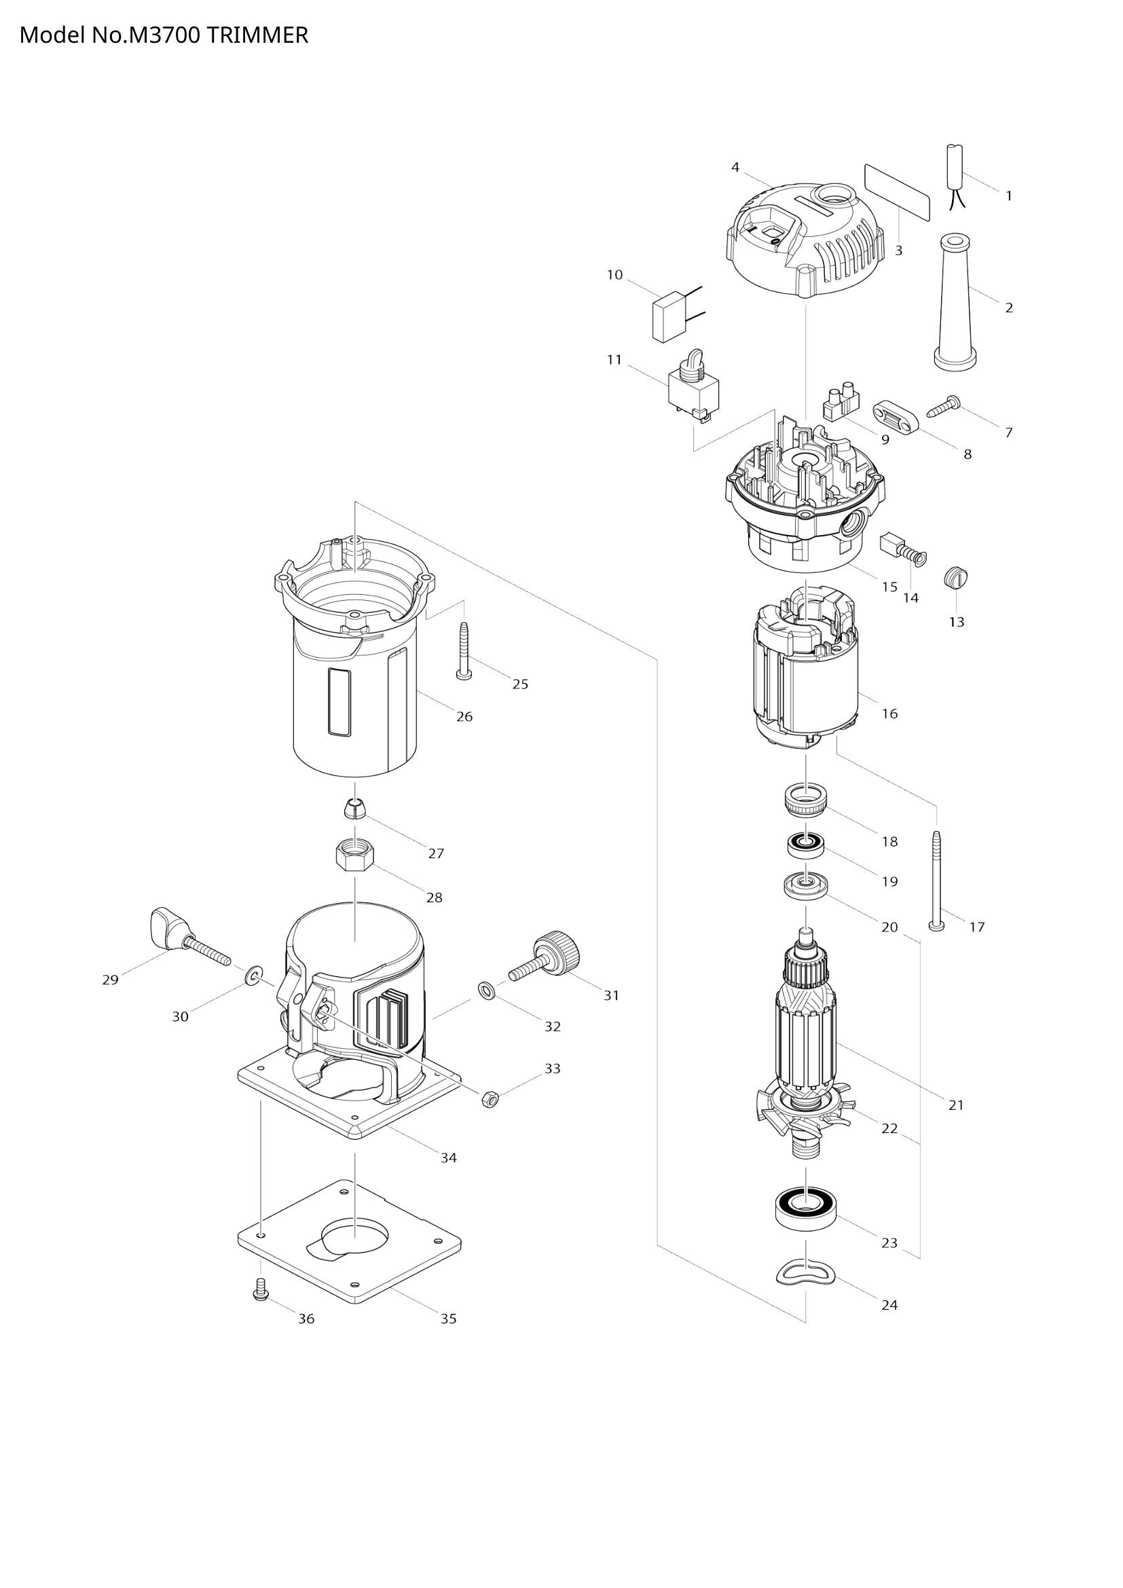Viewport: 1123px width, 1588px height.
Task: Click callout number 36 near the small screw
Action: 306,1319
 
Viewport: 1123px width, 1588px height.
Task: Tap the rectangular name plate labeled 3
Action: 897,191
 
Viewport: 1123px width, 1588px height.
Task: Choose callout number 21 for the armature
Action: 956,1105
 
